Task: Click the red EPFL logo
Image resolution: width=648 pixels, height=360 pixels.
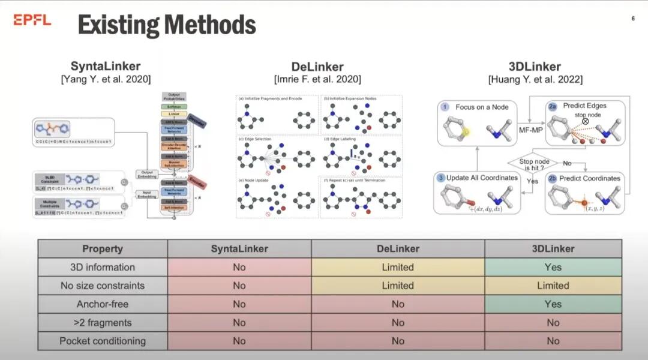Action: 32,20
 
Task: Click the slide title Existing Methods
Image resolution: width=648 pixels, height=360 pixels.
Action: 167,25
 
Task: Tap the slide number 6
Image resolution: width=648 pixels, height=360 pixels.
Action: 633,19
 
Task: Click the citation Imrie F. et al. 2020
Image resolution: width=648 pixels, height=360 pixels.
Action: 317,79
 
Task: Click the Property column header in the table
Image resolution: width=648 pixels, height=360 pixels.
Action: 102,248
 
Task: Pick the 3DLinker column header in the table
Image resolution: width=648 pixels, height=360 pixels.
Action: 553,248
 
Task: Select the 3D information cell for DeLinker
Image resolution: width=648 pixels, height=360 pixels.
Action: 398,267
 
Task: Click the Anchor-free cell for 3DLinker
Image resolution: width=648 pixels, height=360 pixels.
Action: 553,304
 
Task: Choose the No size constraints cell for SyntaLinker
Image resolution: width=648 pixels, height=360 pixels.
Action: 239,286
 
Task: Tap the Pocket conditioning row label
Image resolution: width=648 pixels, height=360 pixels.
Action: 102,341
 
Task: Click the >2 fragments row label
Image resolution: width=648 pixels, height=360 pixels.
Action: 102,323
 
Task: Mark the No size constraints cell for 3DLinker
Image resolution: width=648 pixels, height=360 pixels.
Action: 553,286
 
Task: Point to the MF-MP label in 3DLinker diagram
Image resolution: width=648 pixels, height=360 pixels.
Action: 530,128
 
